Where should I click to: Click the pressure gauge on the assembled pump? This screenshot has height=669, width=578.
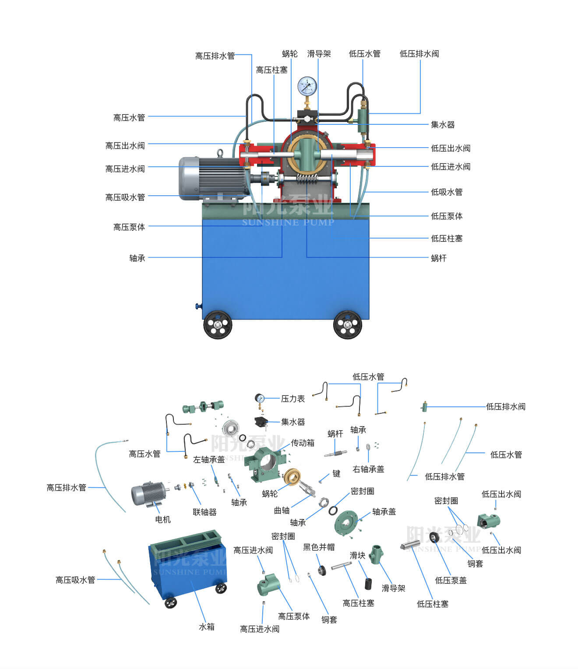coord(307,86)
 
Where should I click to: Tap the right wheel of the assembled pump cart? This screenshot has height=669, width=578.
coord(347,324)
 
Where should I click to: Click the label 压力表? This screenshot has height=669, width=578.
coord(293,399)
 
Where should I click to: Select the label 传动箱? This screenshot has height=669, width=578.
coord(303,443)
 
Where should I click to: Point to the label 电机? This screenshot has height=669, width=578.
coord(163,519)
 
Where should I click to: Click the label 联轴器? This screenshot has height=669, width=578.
coord(204,512)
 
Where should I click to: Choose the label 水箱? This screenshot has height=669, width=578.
coord(207,627)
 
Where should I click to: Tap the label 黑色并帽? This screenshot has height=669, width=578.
coord(319,547)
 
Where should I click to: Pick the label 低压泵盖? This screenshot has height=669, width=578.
coord(451,581)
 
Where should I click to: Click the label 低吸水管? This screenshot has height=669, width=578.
coord(447,192)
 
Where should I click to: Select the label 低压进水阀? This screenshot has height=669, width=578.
coord(451,167)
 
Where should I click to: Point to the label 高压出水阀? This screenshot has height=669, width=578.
coord(125,146)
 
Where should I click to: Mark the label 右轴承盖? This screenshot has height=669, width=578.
coord(368,469)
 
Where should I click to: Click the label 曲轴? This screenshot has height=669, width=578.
coord(282,511)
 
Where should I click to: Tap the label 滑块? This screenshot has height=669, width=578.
coord(357,556)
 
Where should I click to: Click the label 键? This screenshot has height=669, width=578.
coord(336,473)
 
